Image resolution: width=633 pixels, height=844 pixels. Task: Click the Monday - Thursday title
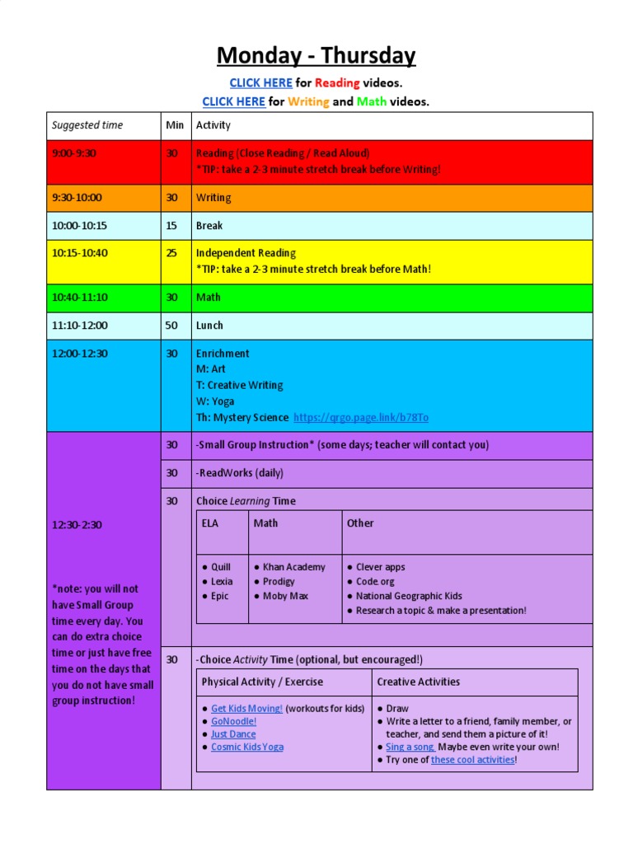pyautogui.click(x=316, y=56)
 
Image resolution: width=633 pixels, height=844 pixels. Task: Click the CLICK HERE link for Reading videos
pyautogui.click(x=260, y=83)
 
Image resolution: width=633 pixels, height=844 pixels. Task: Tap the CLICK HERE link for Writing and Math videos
pyautogui.click(x=233, y=102)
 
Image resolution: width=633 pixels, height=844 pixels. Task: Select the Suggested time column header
pyautogui.click(x=87, y=125)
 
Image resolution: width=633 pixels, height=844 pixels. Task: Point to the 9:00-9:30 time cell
pyautogui.click(x=74, y=153)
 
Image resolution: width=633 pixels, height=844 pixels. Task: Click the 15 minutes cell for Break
pyautogui.click(x=171, y=226)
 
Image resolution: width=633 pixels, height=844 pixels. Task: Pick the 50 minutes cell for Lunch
pyautogui.click(x=171, y=326)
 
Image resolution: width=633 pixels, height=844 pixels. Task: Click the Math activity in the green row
pyautogui.click(x=209, y=298)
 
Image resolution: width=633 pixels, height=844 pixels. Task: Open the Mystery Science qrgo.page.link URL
pyautogui.click(x=361, y=418)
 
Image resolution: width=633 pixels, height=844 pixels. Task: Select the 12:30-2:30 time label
pyautogui.click(x=77, y=525)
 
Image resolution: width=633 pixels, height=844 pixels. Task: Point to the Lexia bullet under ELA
pyautogui.click(x=222, y=582)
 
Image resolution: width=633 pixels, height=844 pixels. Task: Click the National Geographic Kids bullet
pyautogui.click(x=409, y=596)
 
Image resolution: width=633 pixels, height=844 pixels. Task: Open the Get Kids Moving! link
pyautogui.click(x=246, y=709)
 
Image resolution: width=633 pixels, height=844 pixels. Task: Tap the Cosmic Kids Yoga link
pyautogui.click(x=246, y=747)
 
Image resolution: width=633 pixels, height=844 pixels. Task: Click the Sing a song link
pyautogui.click(x=410, y=747)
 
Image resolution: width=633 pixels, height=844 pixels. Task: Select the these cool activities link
pyautogui.click(x=472, y=760)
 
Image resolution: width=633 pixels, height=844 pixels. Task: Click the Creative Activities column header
pyautogui.click(x=418, y=682)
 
